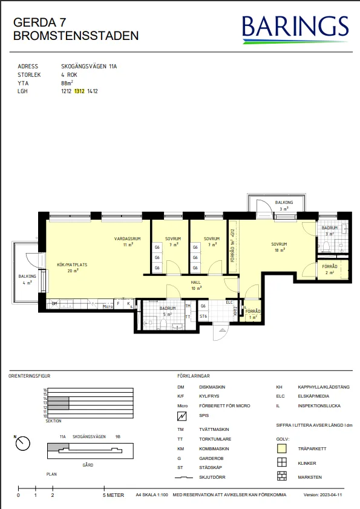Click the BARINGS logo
(295, 28)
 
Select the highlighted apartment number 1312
(79, 91)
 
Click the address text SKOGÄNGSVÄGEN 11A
(89, 67)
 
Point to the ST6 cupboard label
(203, 316)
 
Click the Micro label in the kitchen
(107, 306)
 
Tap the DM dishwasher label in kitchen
(54, 303)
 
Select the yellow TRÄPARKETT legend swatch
(281, 448)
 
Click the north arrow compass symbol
(23, 443)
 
